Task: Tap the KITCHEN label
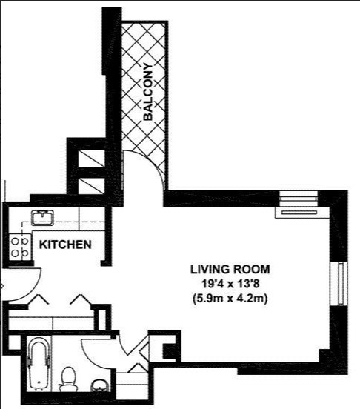coord(65,245)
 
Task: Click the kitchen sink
coord(41,219)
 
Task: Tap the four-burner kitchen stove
coord(20,247)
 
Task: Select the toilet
coord(69,378)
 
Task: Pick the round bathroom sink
coord(98,385)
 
